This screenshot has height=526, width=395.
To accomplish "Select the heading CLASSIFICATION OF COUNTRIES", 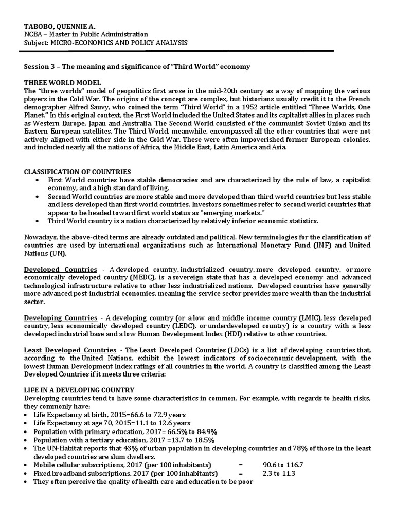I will (x=78, y=171).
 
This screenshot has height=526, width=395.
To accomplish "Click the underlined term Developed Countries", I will (x=60, y=270).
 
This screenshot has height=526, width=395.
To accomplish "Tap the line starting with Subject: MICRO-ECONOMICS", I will (x=105, y=42).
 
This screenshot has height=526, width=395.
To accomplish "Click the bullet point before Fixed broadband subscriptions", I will (x=27, y=473).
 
